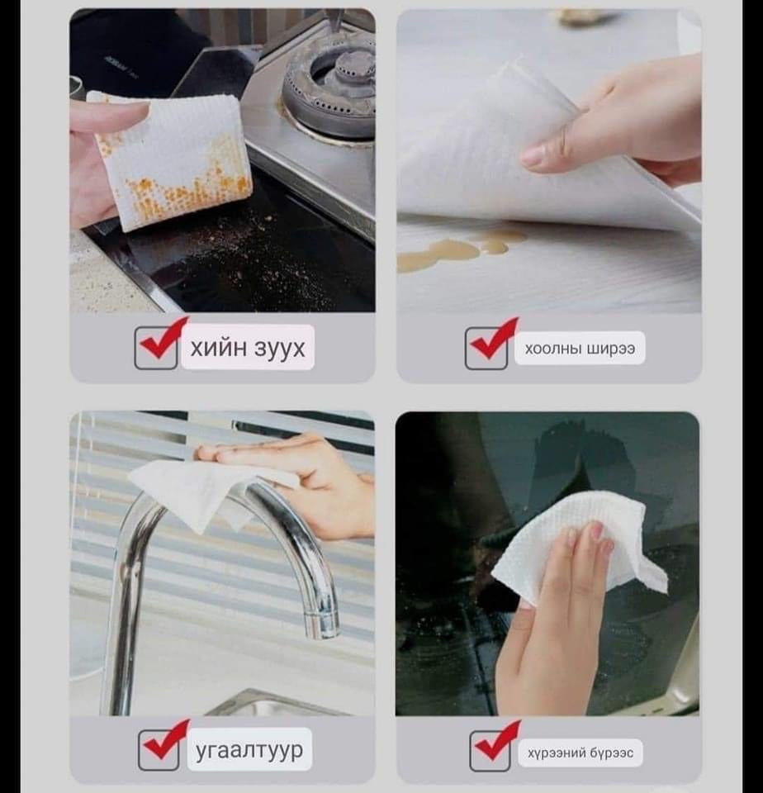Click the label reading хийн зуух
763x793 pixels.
(x=248, y=348)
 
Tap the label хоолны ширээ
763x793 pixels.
(x=580, y=349)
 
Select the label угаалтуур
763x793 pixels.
(x=249, y=750)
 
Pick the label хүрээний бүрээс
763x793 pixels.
(x=581, y=753)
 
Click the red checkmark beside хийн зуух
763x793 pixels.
(x=163, y=338)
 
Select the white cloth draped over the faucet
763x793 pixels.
(x=212, y=491)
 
